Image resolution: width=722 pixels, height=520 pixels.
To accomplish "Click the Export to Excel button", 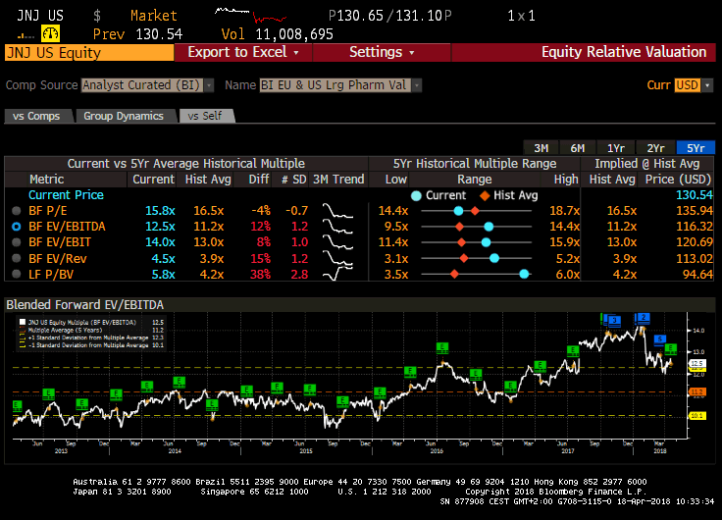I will [243, 52].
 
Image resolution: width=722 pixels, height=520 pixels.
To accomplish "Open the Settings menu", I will [382, 52].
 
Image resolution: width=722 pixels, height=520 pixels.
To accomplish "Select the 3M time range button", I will [541, 147].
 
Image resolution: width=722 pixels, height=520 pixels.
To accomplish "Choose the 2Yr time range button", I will [655, 147].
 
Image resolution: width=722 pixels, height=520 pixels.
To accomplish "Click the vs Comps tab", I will [36, 116].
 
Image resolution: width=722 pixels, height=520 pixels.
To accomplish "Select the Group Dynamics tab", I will [124, 116].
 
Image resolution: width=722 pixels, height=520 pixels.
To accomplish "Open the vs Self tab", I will [205, 116].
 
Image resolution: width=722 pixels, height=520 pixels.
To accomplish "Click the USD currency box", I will [688, 85].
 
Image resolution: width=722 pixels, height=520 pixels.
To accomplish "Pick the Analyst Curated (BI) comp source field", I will [143, 85].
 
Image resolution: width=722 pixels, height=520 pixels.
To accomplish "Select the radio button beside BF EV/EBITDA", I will [15, 226].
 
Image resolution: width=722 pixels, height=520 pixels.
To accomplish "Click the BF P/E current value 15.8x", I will [160, 210].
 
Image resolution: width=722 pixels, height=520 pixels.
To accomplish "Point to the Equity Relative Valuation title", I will [624, 52].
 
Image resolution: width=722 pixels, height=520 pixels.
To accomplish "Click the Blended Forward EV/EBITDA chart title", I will [71, 304].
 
